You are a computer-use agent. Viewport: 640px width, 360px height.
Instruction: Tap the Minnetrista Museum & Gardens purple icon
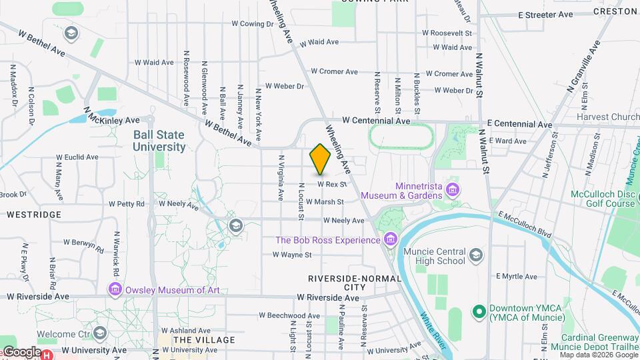pos(453,191)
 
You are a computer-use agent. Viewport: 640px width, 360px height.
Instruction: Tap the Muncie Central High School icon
pos(475,255)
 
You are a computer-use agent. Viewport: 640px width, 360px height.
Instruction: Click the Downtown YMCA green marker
pos(478,311)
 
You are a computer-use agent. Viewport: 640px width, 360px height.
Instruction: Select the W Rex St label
pos(332,184)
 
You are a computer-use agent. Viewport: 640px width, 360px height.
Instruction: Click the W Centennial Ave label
pos(376,121)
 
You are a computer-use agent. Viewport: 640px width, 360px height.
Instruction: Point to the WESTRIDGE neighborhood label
pos(34,215)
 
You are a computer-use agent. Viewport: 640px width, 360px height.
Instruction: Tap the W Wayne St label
pos(292,255)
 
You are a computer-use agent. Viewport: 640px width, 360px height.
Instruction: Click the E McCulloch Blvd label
pos(525,224)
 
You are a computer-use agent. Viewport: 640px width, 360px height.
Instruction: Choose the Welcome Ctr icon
pos(100,333)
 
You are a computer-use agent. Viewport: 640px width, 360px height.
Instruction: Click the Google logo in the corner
pos(21,352)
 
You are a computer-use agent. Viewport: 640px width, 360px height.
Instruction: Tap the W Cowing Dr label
pos(253,24)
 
